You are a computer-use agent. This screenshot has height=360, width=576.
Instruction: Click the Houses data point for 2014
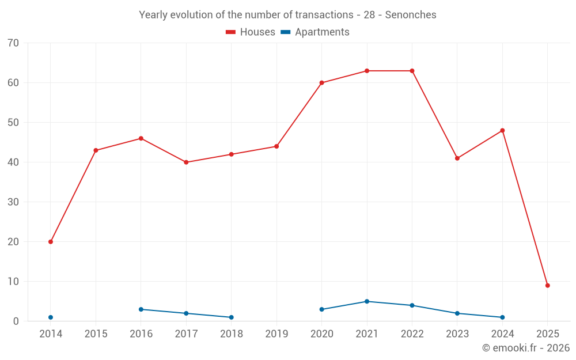[x=51, y=242]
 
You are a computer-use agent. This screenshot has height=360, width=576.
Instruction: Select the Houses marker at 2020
[x=321, y=83]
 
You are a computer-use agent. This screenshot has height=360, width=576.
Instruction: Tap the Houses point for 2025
[x=547, y=286]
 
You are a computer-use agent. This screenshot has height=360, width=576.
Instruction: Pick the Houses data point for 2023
[x=457, y=158]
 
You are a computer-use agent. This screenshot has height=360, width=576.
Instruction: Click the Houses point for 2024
[x=502, y=131]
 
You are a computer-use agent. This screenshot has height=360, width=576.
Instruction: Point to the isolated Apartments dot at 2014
[x=51, y=317]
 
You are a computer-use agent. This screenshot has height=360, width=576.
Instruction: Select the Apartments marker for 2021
[x=367, y=301]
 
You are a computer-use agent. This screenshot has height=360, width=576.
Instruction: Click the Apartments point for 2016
[x=141, y=309]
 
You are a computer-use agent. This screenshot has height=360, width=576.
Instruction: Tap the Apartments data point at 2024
[x=502, y=317]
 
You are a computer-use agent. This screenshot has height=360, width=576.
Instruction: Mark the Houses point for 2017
[x=186, y=162]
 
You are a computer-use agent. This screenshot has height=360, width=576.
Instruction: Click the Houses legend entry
[x=251, y=32]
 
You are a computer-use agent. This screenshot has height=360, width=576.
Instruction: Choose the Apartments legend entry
[x=315, y=32]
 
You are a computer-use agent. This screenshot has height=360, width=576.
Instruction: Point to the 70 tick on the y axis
[x=13, y=43]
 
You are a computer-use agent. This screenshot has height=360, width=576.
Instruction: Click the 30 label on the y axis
[x=13, y=202]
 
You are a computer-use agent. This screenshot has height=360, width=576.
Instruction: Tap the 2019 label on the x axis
[x=276, y=334]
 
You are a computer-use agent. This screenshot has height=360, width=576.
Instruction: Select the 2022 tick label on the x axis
[x=412, y=334]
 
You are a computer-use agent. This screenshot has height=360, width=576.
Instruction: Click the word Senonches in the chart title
[x=411, y=15]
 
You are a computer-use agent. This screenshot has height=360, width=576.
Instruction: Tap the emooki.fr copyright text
[x=525, y=348]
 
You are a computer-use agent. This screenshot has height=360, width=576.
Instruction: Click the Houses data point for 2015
[x=96, y=150]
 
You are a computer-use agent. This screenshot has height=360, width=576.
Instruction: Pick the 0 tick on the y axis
[x=16, y=321]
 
